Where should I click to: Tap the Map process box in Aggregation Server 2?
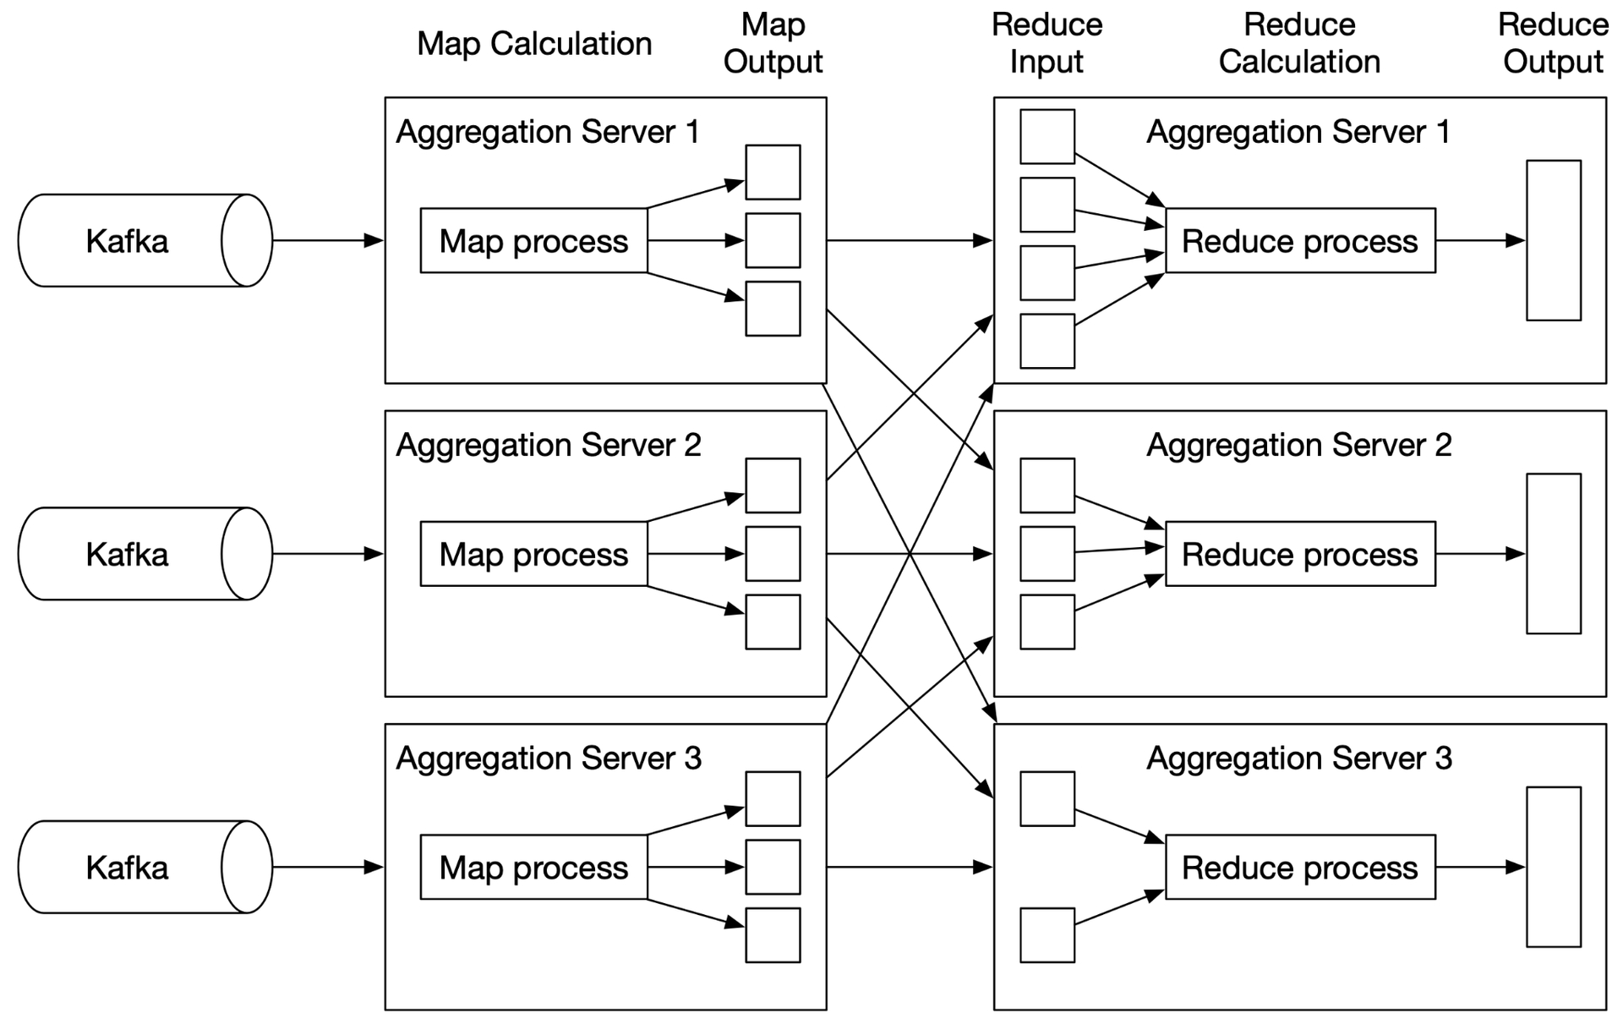tap(534, 554)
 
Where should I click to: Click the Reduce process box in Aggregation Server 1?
tap(1301, 241)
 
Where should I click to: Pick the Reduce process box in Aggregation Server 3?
tap(1301, 867)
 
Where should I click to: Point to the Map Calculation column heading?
tap(534, 44)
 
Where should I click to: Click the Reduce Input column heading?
tap(1047, 43)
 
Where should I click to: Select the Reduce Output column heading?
tap(1554, 43)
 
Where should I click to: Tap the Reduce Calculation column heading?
tap(1300, 43)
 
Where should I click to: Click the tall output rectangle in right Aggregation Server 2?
tap(1554, 554)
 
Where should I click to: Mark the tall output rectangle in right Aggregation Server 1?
tap(1554, 241)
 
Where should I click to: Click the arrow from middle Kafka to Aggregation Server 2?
tap(328, 554)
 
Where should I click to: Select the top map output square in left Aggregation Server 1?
tap(773, 173)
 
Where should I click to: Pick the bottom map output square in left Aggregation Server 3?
tap(773, 935)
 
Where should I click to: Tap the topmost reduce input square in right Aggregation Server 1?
tap(1047, 136)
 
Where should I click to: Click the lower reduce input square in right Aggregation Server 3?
tap(1047, 935)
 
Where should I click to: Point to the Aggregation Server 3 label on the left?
tap(549, 759)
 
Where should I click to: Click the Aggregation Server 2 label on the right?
tap(1299, 446)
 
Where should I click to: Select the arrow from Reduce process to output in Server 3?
tap(1481, 867)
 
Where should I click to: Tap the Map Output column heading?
tap(773, 43)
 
